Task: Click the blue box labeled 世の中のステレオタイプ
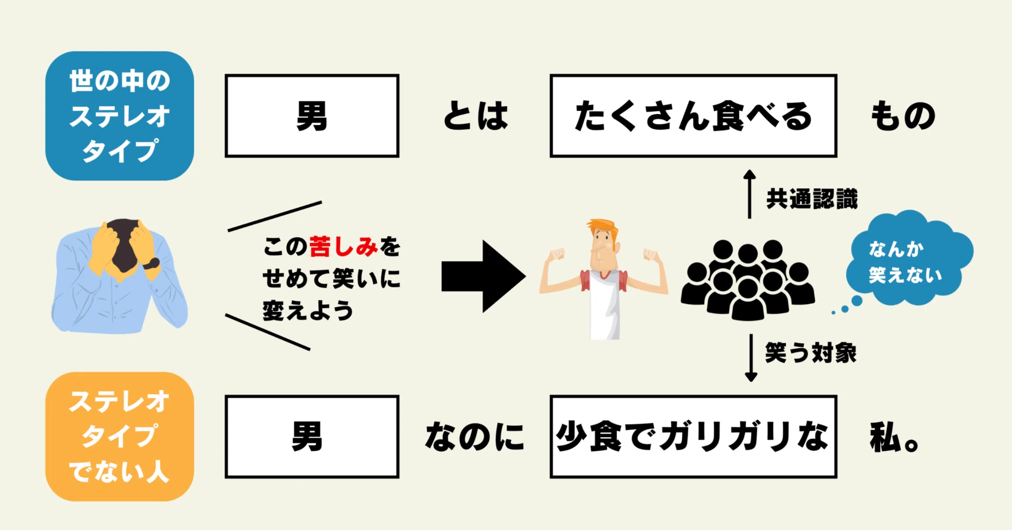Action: pos(120,116)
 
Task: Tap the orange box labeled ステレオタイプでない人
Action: pos(120,437)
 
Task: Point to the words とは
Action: pos(475,116)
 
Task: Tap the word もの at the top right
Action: pos(903,116)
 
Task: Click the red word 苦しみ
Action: pos(344,246)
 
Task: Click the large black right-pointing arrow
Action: pos(483,276)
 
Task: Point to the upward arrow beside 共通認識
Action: pos(750,194)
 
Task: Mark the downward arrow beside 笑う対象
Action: pos(751,358)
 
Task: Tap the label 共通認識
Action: pos(812,199)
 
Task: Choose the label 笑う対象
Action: pos(811,352)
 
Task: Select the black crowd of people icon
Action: pos(747,280)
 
